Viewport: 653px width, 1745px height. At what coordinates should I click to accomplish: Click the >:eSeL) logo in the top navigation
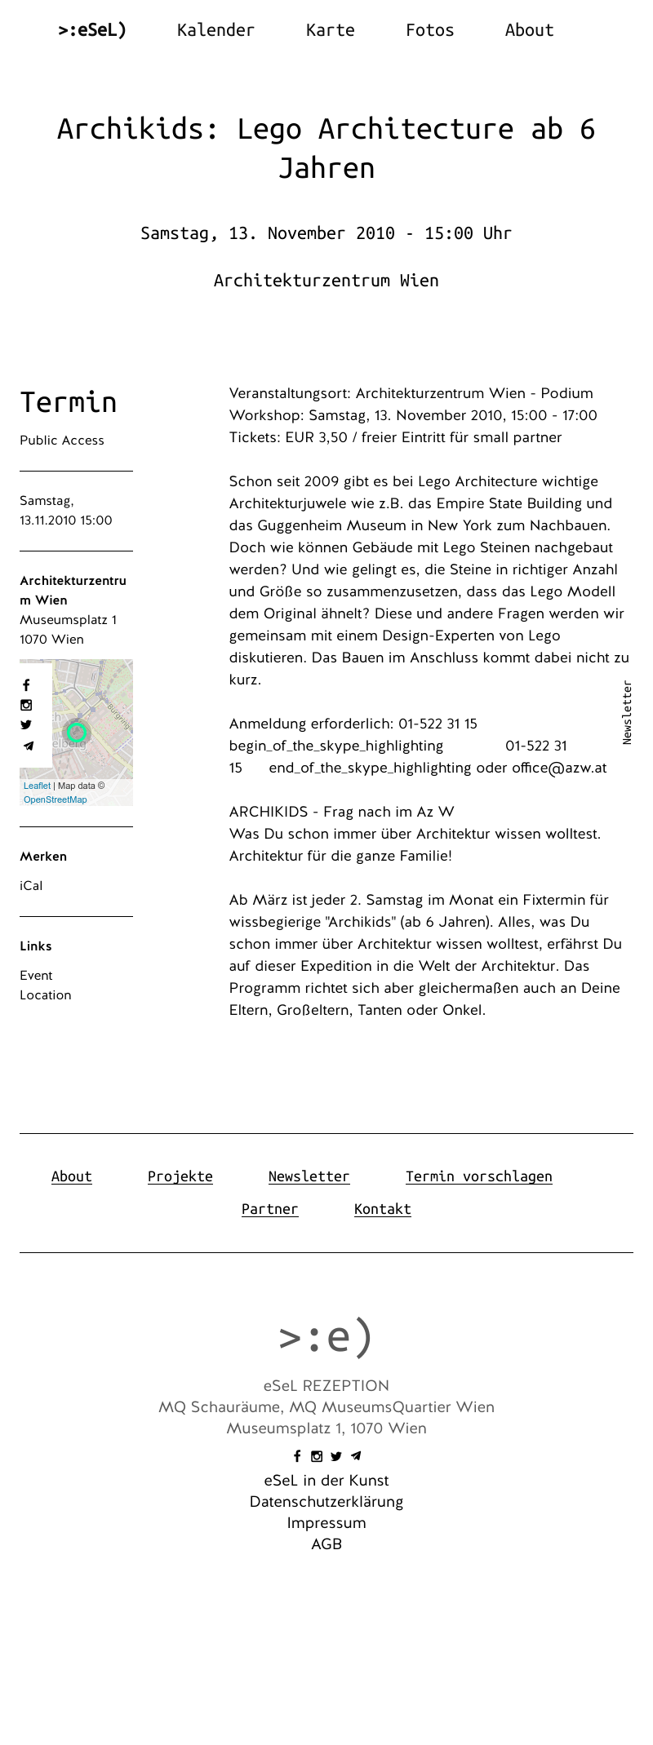click(92, 30)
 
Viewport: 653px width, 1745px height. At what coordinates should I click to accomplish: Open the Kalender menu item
click(215, 30)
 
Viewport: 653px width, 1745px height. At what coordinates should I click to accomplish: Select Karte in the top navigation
click(330, 30)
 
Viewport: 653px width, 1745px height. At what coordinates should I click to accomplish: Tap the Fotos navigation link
click(429, 30)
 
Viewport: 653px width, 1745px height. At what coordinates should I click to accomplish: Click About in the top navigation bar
click(529, 30)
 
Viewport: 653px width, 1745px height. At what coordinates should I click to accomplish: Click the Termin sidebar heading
click(69, 402)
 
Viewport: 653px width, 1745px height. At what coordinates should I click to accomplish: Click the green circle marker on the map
click(77, 732)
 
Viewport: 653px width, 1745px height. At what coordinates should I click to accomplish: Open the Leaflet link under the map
click(37, 786)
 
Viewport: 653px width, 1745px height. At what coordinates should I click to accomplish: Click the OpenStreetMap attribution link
click(55, 799)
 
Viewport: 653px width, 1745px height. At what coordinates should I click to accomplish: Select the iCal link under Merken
click(31, 886)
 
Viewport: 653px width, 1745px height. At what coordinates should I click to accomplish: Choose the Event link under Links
click(36, 976)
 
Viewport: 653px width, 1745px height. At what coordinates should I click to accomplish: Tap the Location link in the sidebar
click(46, 995)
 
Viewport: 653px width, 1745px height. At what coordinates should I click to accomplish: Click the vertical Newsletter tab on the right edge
click(627, 712)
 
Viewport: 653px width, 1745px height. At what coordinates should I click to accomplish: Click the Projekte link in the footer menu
click(180, 1176)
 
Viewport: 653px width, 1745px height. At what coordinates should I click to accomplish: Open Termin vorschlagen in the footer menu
click(478, 1176)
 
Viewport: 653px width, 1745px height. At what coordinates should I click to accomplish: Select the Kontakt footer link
click(382, 1209)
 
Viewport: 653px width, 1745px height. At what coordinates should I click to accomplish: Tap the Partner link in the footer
click(269, 1209)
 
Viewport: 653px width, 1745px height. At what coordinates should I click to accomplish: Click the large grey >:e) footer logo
click(326, 1337)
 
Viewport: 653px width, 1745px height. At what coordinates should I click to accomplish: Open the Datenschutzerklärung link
click(326, 1502)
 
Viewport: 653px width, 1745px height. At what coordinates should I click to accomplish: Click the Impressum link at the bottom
click(326, 1523)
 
